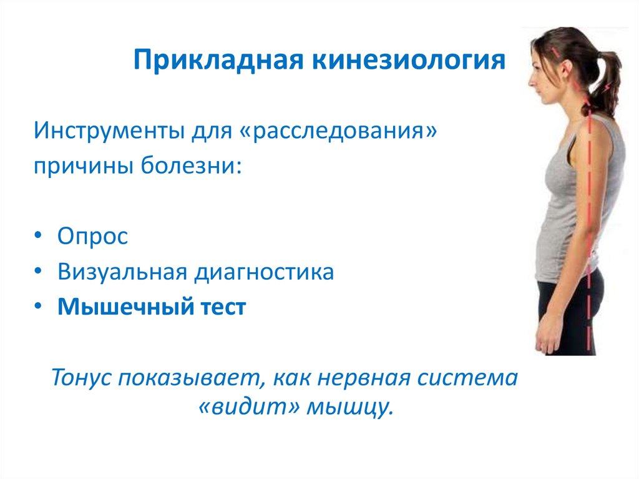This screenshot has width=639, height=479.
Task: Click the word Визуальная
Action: [x=122, y=272]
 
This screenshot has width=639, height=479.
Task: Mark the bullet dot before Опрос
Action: [x=39, y=237]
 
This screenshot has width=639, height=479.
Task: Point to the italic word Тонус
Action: [x=82, y=378]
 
